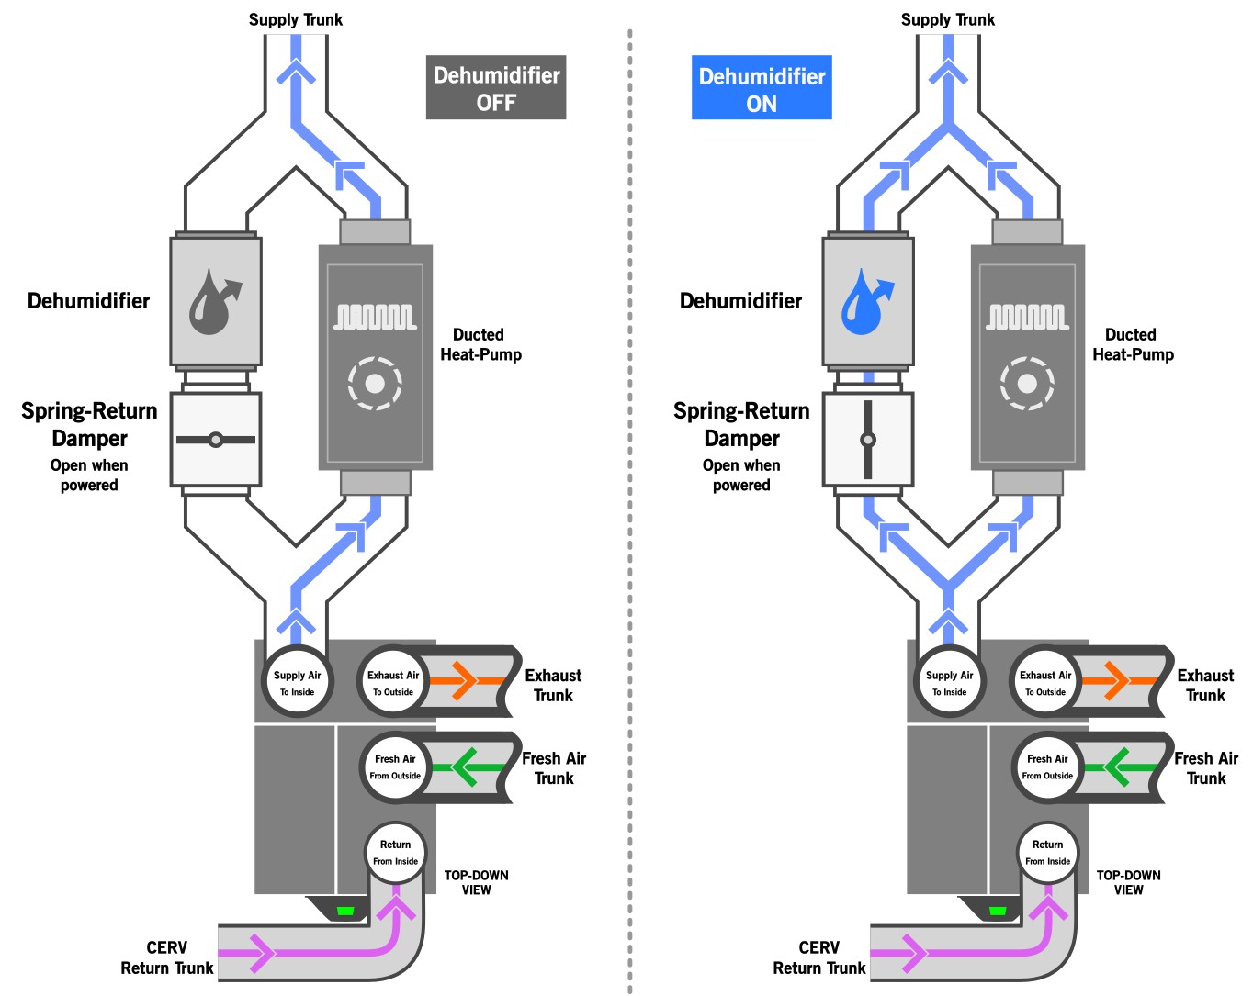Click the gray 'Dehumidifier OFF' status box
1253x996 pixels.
click(495, 87)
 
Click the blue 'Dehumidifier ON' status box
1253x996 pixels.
click(762, 87)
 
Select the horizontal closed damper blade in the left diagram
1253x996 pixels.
click(216, 440)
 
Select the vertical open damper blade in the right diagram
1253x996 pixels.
click(868, 440)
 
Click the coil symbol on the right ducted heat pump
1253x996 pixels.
click(1028, 318)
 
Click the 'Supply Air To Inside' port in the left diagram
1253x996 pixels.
click(297, 682)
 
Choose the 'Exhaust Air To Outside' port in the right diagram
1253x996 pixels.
click(1045, 682)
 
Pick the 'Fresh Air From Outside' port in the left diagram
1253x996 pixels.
click(395, 767)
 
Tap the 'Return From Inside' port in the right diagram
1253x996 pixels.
click(1047, 852)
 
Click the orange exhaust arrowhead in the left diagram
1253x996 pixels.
click(464, 680)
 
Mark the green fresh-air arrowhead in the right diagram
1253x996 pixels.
click(1116, 767)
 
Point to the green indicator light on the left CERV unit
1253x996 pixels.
click(345, 911)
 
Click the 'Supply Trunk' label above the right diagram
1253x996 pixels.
click(948, 20)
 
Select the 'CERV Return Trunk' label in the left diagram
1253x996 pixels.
click(167, 957)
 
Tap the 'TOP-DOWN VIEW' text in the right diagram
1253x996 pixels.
click(1128, 882)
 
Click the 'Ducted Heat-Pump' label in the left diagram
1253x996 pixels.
click(481, 344)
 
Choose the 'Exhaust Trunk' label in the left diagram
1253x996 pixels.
click(553, 686)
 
